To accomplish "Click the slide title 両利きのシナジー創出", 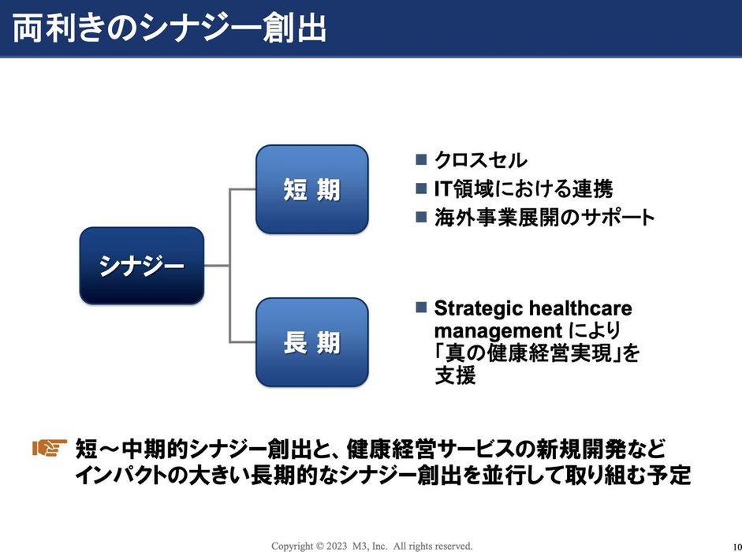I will click(x=170, y=28).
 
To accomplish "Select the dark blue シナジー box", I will click(x=142, y=266).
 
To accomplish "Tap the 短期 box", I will click(x=312, y=189).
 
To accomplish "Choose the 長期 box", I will click(x=312, y=342).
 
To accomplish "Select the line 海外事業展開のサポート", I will click(x=544, y=216).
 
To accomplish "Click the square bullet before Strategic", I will click(x=421, y=306).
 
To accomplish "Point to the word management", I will click(x=495, y=330).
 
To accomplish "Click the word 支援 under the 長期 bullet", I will click(x=456, y=376).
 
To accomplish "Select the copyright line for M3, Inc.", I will click(x=371, y=545).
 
